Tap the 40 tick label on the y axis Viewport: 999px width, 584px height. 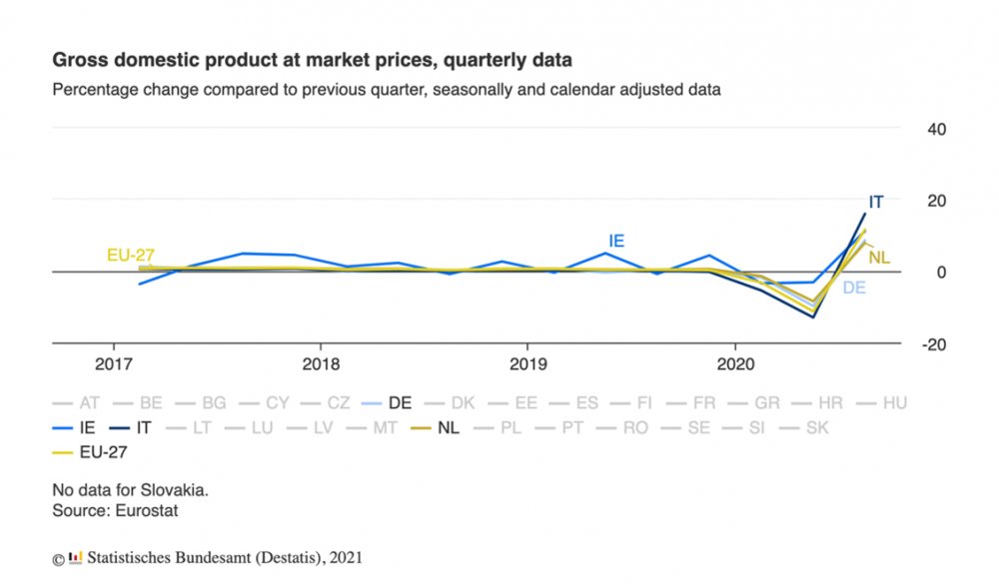coord(937,130)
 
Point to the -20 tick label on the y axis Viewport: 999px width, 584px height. coord(933,344)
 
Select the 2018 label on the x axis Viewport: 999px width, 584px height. coord(321,364)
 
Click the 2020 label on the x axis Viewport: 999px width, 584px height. coord(735,364)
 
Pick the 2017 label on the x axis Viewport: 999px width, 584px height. coord(114,364)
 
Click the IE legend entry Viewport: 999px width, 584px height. coord(74,428)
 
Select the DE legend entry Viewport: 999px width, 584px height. coord(386,403)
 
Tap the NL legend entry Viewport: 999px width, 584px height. coord(436,428)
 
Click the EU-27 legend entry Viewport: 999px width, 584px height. coord(90,453)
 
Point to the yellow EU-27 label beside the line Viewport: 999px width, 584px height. coord(131,256)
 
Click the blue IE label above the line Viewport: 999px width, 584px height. coord(616,242)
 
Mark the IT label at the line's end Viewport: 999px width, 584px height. coord(876,203)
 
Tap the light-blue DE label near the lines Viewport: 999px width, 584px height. coord(854,288)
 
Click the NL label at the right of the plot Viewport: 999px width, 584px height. coord(878,258)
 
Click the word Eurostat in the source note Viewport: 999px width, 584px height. coord(147,511)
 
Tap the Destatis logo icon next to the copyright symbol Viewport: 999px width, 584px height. coord(75,558)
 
